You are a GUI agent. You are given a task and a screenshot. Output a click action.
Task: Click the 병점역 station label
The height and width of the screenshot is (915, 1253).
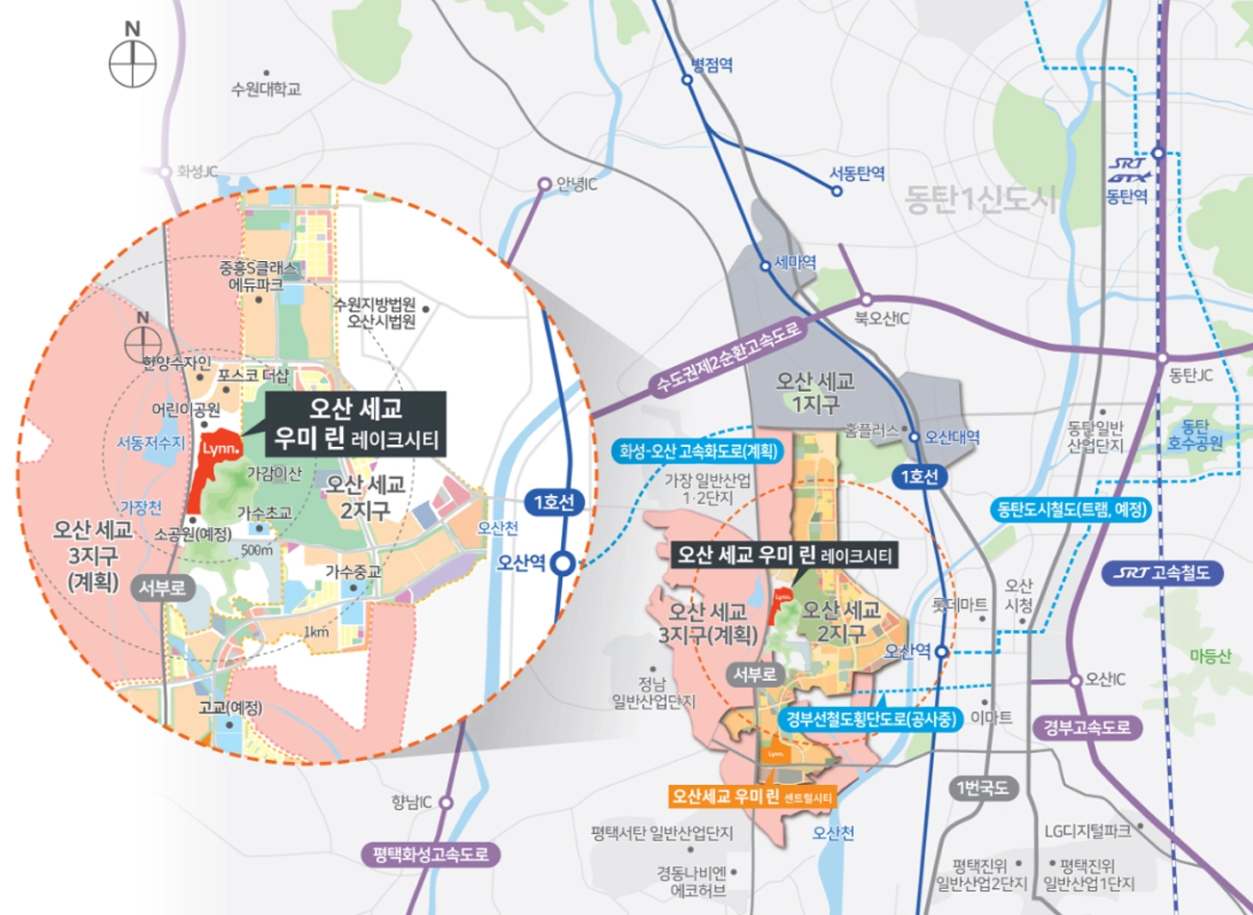tap(711, 65)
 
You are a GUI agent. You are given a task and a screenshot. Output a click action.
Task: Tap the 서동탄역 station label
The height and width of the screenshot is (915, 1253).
tap(857, 174)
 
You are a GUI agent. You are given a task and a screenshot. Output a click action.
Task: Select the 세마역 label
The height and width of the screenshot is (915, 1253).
tap(795, 262)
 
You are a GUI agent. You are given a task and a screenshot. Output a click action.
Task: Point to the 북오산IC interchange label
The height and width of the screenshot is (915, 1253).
tap(881, 318)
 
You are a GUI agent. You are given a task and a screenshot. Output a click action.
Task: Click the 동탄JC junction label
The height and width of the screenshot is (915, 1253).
tap(1190, 376)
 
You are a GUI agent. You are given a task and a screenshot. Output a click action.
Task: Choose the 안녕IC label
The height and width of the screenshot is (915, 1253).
tap(576, 183)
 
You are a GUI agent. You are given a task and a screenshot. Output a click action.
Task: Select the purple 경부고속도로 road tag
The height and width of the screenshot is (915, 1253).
tap(1087, 727)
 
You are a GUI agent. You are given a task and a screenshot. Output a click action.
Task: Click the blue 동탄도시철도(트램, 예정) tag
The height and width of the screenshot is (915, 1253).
tap(1071, 509)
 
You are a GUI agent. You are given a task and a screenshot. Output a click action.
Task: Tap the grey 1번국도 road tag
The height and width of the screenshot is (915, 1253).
tap(982, 788)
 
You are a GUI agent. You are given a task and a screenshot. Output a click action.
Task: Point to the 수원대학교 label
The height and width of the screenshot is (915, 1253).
tap(266, 89)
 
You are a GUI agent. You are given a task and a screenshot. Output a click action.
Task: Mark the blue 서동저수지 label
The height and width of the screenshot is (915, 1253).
tap(150, 442)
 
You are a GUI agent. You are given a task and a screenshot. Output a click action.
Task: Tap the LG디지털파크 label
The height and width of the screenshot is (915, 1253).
tap(1087, 830)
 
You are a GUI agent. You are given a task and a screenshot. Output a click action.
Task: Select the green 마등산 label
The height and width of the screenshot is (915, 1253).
tap(1210, 656)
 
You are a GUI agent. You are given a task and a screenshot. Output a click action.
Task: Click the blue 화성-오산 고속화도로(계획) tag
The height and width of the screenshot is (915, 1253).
tap(699, 450)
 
